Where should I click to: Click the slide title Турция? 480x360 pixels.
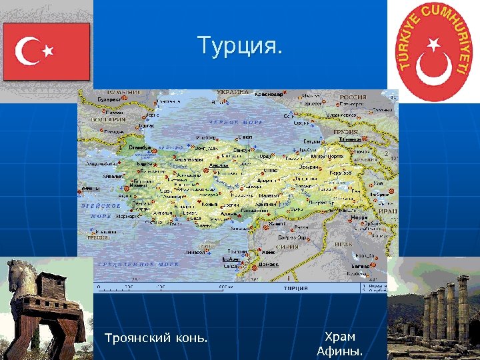pos(240,46)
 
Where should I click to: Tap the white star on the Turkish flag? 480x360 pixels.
pos(48,50)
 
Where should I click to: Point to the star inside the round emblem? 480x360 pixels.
pos(434,45)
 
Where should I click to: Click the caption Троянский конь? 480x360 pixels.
pos(156,339)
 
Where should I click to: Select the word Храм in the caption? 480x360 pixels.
pos(340,337)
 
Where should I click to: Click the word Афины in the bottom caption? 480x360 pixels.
pos(340,351)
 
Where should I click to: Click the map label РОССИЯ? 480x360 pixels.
pos(353,97)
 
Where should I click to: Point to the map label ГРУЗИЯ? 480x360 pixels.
pos(346,132)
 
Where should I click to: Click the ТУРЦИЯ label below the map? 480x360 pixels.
pos(295,288)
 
